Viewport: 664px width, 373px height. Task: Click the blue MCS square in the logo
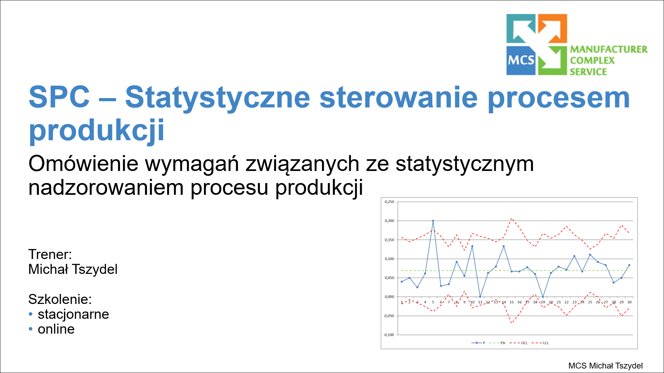click(x=521, y=60)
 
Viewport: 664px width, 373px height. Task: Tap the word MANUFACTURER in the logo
click(x=609, y=49)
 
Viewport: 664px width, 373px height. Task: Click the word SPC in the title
click(x=59, y=97)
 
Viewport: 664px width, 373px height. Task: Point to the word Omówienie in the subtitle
click(x=83, y=163)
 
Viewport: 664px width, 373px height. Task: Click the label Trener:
click(x=50, y=254)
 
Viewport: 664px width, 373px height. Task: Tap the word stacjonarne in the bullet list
click(x=73, y=314)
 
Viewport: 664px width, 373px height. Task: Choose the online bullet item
click(x=56, y=329)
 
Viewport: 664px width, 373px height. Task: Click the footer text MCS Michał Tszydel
click(x=606, y=366)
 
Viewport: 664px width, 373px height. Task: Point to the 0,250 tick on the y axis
click(x=389, y=202)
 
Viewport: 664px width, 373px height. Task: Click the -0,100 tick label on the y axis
click(x=389, y=335)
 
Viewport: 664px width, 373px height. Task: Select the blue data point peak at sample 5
click(x=433, y=221)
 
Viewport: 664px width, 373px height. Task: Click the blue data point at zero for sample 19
click(x=543, y=297)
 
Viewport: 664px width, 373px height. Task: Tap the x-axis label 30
click(x=629, y=302)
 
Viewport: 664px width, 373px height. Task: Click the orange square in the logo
click(x=553, y=29)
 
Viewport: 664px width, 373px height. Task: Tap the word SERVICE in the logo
click(x=588, y=72)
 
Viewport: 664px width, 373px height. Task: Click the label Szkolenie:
click(x=60, y=299)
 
